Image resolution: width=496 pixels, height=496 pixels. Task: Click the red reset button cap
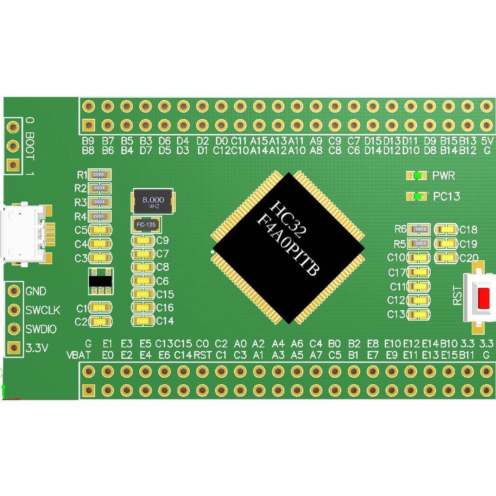point(484,298)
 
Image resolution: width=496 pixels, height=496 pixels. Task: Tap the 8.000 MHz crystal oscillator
point(152,202)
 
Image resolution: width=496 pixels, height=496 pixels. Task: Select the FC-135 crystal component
point(146,225)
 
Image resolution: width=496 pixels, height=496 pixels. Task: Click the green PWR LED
point(418,176)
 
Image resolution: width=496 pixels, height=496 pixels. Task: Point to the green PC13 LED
point(418,196)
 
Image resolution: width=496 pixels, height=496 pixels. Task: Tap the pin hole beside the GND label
point(14,291)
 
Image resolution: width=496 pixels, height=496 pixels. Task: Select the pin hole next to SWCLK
point(14,310)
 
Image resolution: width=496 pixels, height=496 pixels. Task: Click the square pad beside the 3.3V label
point(14,348)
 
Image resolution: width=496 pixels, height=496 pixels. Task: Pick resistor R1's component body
point(99,175)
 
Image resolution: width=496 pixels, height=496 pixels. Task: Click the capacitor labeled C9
point(143,241)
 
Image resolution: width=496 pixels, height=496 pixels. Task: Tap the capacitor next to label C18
point(446,229)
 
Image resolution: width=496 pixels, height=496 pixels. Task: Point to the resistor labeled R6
point(419,229)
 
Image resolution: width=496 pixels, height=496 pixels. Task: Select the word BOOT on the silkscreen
point(30,145)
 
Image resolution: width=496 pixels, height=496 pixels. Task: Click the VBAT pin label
point(78,355)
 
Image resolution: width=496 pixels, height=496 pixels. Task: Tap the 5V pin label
point(487,141)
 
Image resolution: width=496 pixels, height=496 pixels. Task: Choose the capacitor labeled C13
point(419,314)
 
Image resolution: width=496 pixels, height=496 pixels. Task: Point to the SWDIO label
point(41,329)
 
